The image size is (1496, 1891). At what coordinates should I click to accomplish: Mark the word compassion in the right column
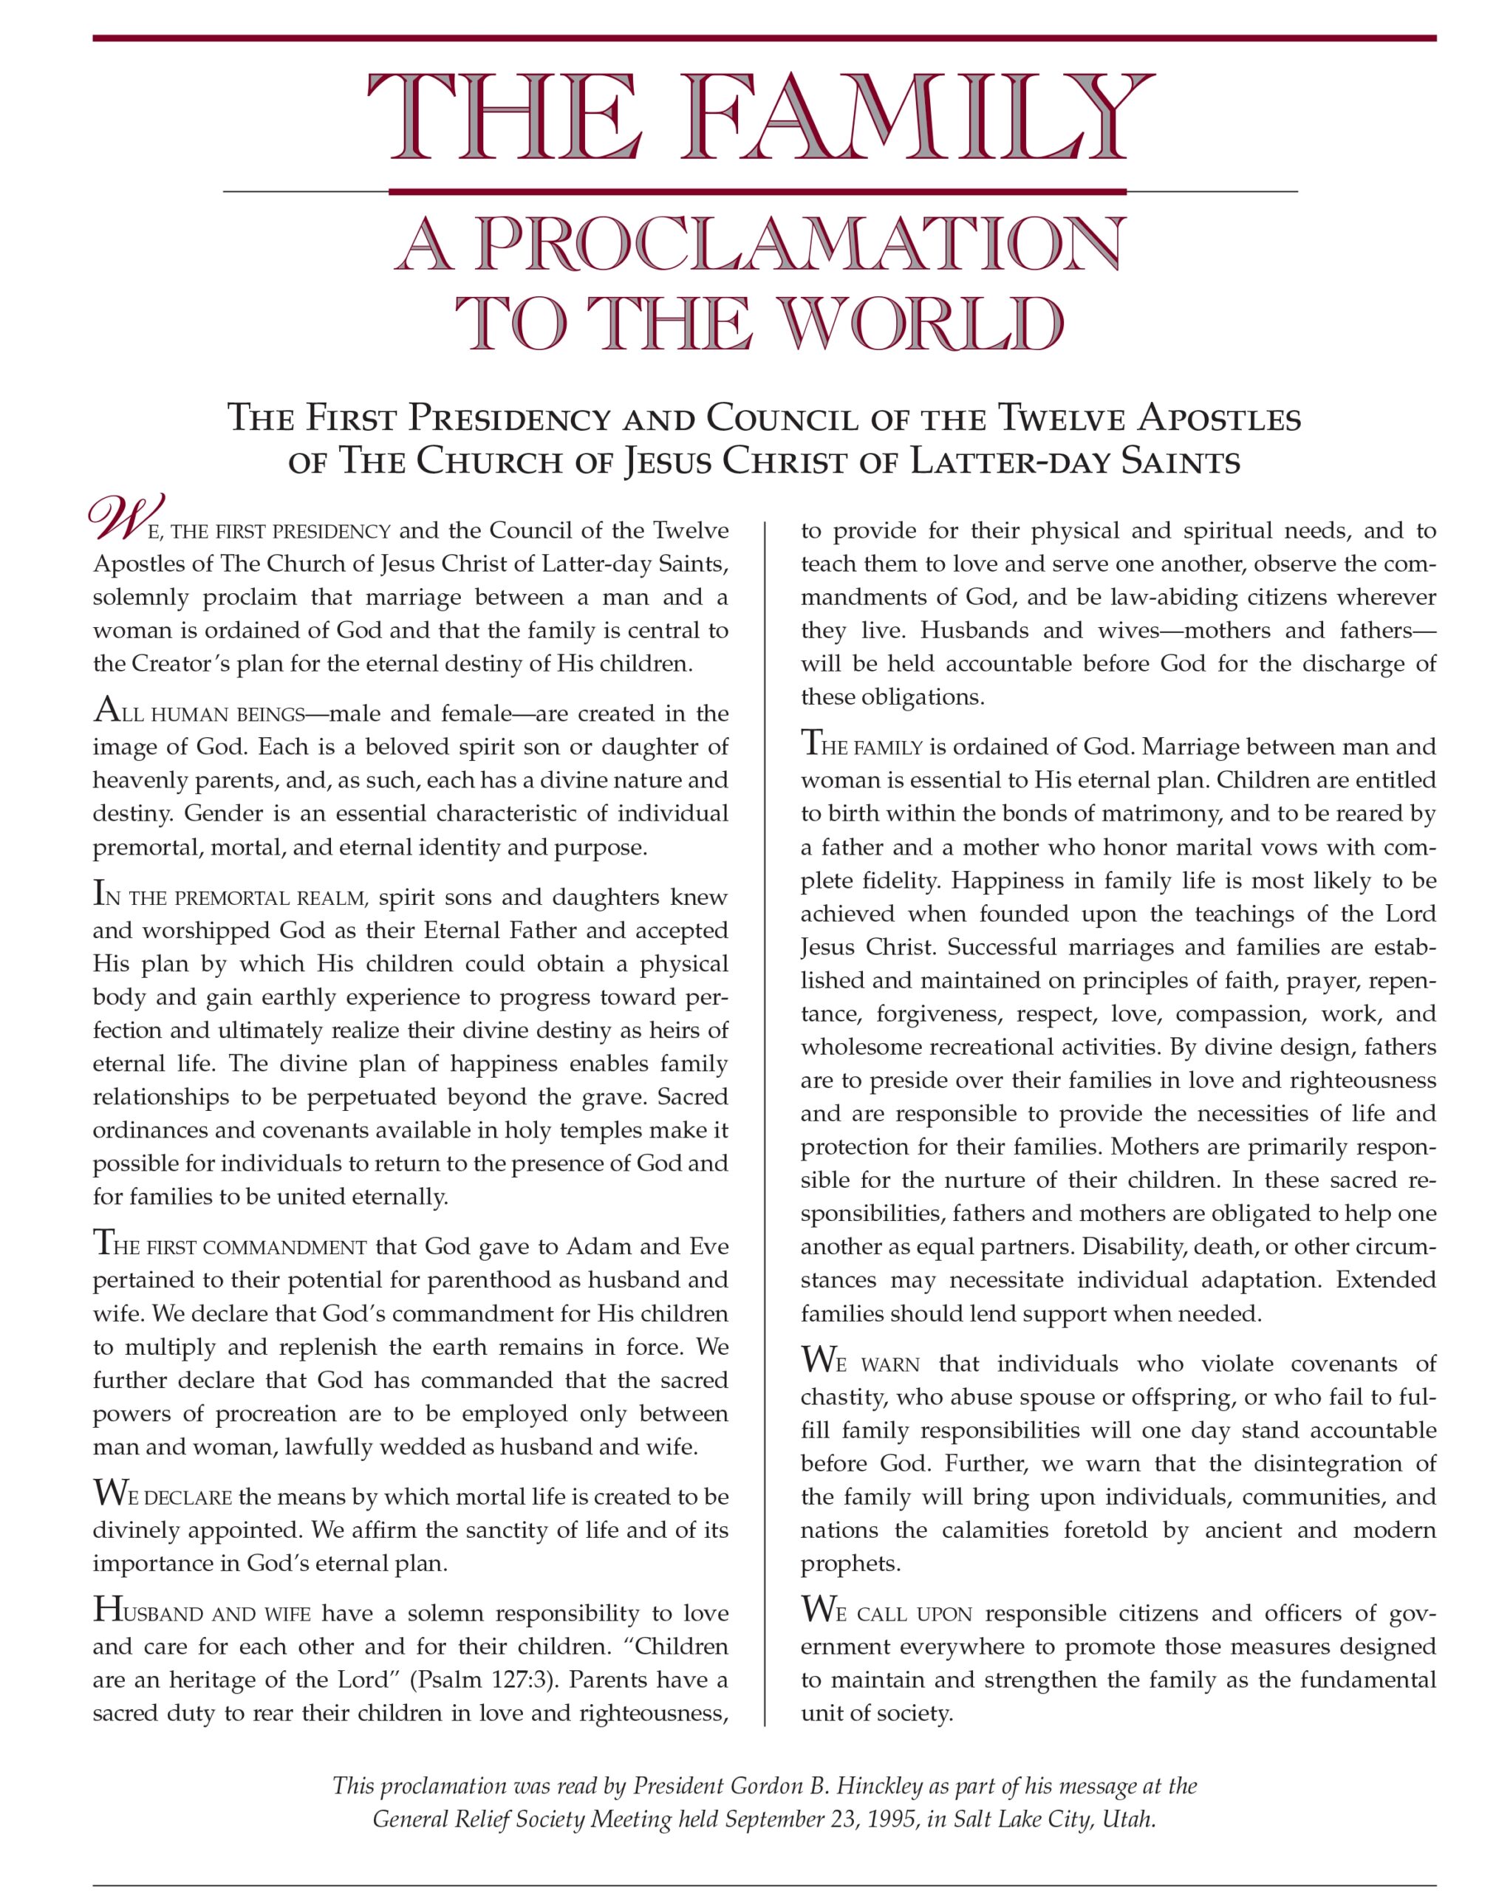pos(1231,1014)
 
